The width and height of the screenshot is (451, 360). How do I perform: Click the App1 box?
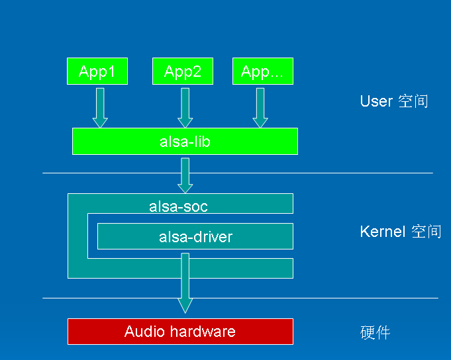pos(97,71)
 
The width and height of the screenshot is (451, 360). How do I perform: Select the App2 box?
pos(183,71)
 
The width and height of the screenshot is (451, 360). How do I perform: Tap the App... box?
pos(262,71)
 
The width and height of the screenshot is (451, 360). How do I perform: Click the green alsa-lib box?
pos(185,141)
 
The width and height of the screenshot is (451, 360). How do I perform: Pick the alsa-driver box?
pos(195,236)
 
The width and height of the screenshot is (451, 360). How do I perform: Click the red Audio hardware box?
pos(180,331)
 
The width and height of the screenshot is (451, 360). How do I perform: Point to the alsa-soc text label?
pos(178,206)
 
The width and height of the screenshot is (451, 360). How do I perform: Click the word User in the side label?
pos(376,101)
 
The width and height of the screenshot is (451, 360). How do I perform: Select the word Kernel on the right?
pos(382,232)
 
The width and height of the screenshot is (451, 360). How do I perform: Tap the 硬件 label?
pos(375,332)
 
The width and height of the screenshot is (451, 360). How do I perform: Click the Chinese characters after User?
pos(413,101)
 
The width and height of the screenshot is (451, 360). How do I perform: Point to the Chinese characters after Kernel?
pos(426,232)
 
